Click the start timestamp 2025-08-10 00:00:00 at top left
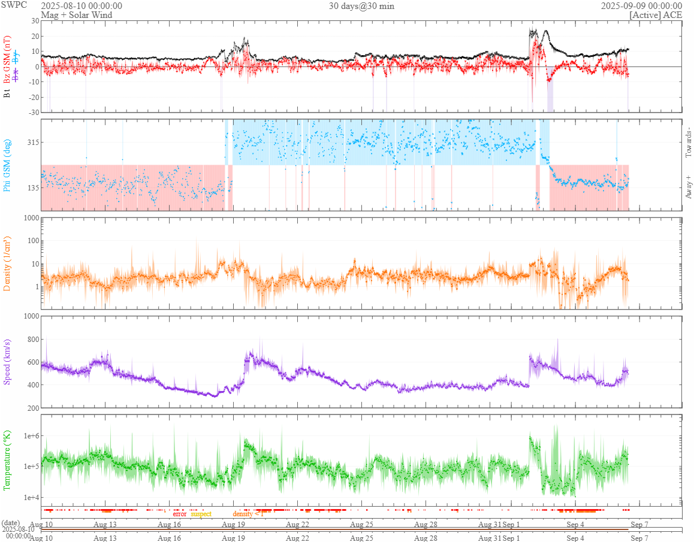coord(82,5)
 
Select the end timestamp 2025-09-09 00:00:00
coord(641,5)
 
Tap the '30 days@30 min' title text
coord(361,5)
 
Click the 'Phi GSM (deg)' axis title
coord(8,165)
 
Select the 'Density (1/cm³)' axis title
coord(8,264)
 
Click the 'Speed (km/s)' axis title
coord(8,362)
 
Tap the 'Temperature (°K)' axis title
coord(8,460)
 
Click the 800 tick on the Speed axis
coord(31,340)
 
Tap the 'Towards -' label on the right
coord(688,143)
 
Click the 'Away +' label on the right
coord(688,186)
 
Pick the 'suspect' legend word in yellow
coord(201,514)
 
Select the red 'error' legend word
coord(180,514)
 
